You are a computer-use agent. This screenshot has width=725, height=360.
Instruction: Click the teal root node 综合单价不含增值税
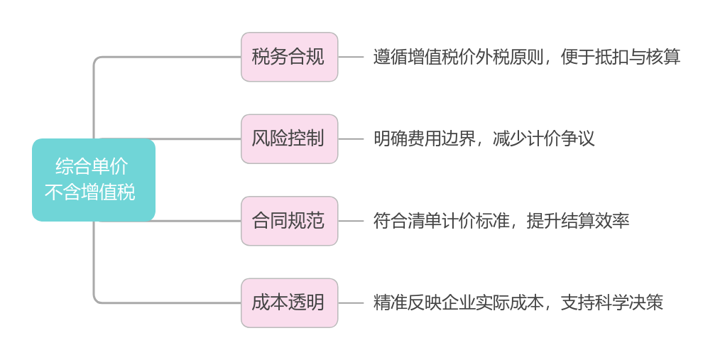coord(93,180)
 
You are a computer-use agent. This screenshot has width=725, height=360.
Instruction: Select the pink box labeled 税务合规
coord(289,57)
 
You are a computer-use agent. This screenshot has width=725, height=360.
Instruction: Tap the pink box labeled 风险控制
coord(289,138)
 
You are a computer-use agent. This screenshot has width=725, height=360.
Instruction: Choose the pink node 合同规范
coord(289,221)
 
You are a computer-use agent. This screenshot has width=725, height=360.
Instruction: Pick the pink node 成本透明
coord(289,303)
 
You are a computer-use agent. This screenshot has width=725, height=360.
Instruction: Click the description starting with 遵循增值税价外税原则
coord(528,57)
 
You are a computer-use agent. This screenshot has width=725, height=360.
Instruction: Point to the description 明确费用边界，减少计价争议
coord(485,138)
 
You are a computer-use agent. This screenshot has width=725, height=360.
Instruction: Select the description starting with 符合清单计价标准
coord(502,221)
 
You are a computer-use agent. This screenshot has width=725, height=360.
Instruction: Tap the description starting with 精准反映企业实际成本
coord(519,303)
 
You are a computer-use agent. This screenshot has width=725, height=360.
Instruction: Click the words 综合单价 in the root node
coord(92,168)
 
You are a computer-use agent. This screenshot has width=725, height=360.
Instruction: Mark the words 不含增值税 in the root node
coord(90,192)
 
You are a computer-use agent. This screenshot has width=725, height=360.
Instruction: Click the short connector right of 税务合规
coord(351,57)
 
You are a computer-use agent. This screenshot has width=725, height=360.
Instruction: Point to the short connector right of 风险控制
coord(351,138)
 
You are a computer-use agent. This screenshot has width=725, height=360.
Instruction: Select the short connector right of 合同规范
coord(351,221)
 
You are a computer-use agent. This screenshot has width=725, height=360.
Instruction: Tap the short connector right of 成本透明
coord(351,303)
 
